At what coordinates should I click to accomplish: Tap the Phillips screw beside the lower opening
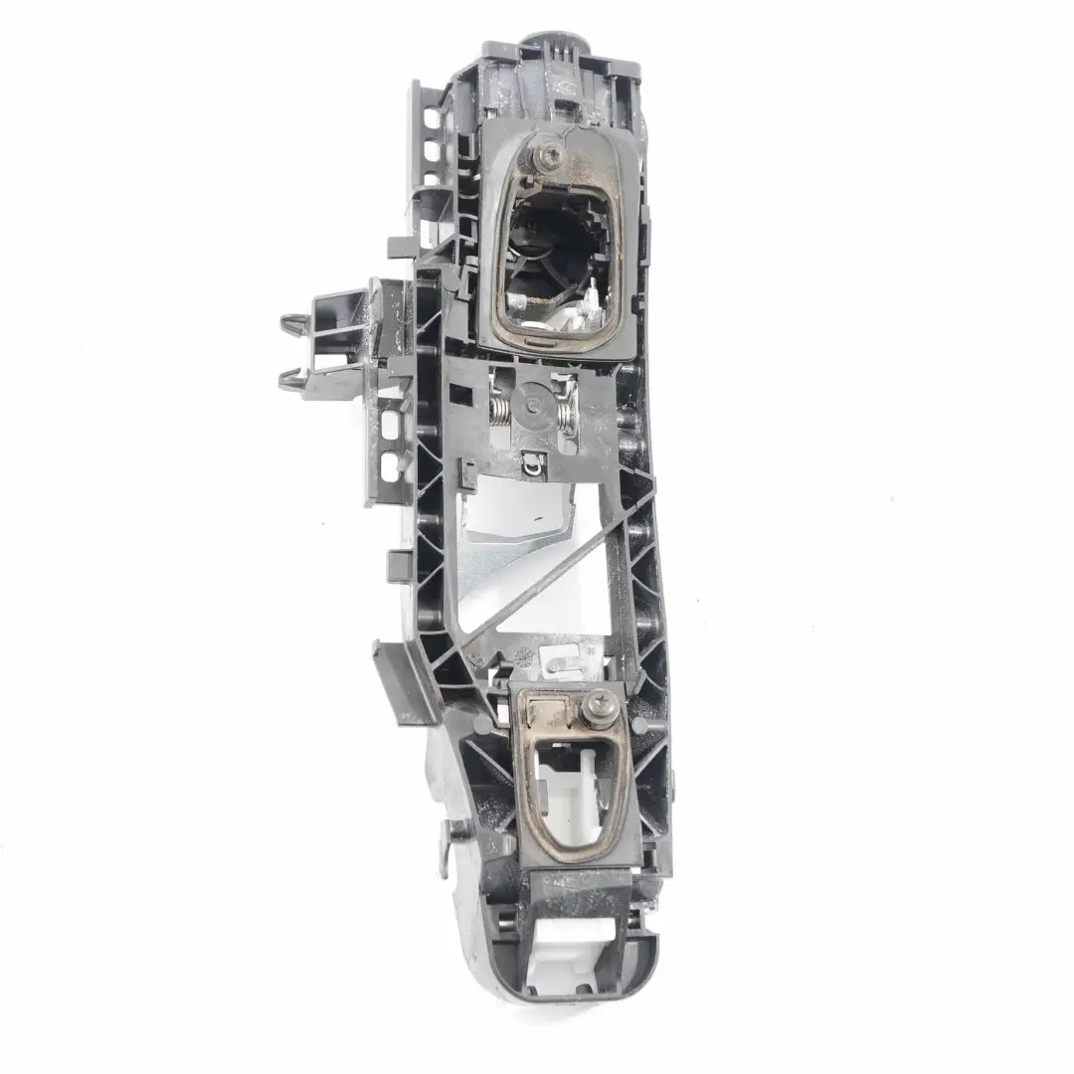point(603,707)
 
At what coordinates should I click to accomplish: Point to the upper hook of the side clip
point(289,323)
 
